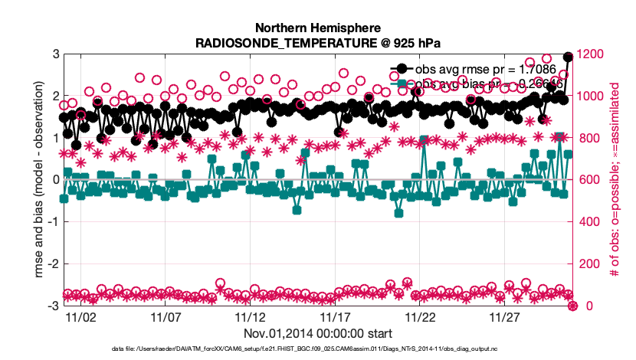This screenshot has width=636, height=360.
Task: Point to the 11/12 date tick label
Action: pyautogui.click(x=250, y=316)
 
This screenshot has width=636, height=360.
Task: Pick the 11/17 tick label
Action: pyautogui.click(x=335, y=316)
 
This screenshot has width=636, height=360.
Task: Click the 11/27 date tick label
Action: pyautogui.click(x=505, y=316)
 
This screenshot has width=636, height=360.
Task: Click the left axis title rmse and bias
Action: pyautogui.click(x=31, y=180)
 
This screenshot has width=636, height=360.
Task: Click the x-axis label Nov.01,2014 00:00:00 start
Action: pyautogui.click(x=318, y=333)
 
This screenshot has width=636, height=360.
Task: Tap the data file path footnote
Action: pyautogui.click(x=318, y=349)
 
